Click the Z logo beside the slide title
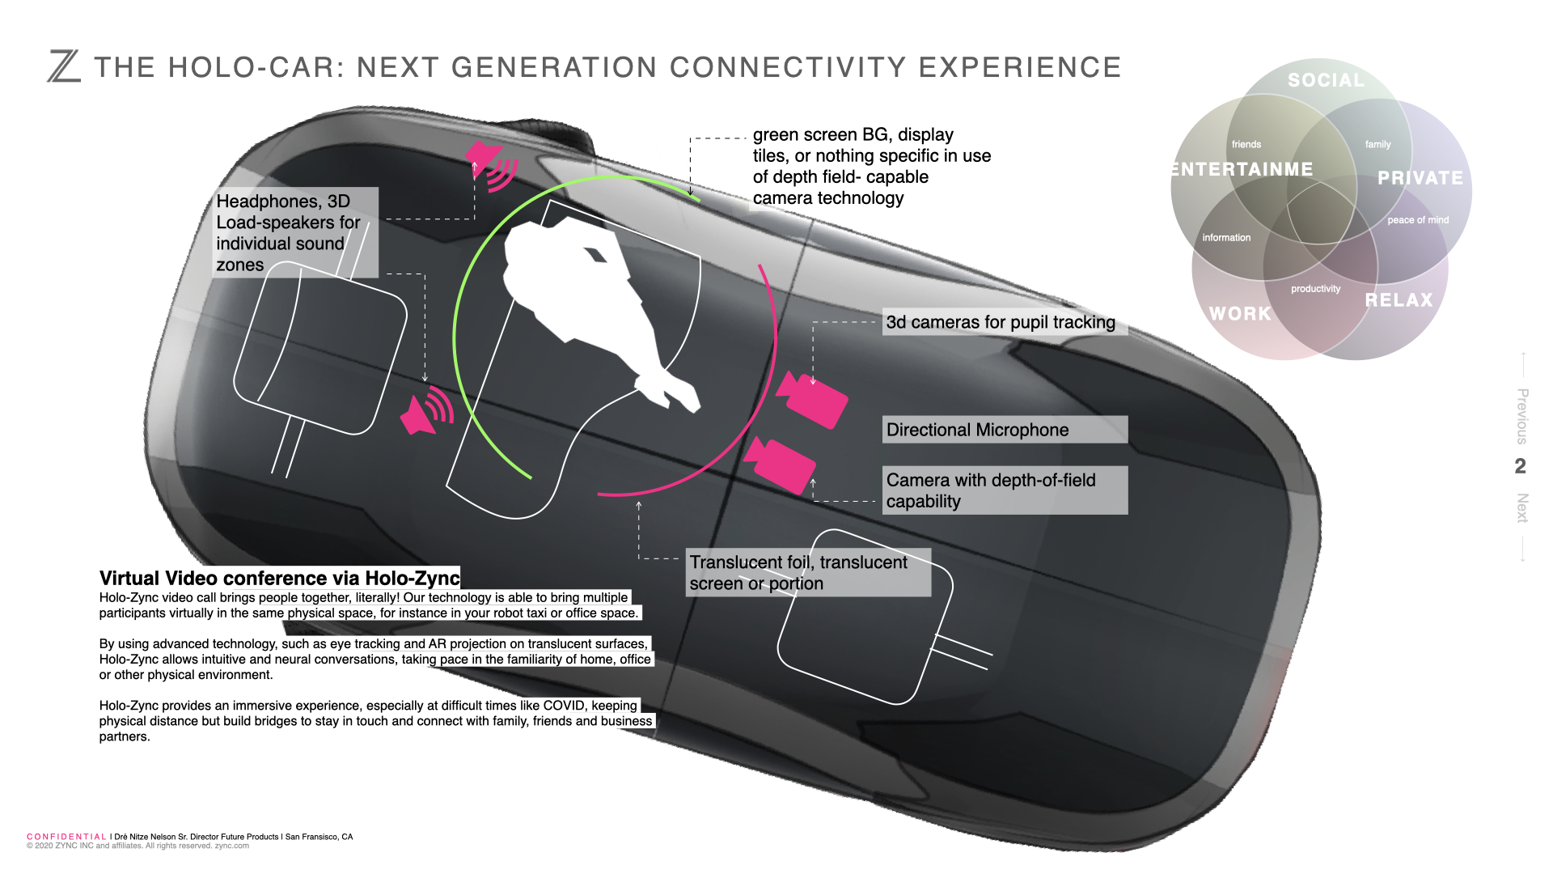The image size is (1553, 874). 64,66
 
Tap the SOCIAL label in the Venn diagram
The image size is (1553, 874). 1326,81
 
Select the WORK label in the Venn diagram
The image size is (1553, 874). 1240,314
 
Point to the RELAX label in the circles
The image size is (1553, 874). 1399,300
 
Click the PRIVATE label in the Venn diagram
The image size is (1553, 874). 1420,178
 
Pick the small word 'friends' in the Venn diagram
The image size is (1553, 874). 1246,145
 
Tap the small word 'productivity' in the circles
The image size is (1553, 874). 1315,289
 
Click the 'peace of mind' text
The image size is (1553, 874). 1418,220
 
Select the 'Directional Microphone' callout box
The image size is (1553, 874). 1005,430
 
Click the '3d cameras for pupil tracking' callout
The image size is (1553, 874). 1001,322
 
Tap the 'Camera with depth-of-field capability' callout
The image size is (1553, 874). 1005,490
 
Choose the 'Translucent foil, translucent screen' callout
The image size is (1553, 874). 807,573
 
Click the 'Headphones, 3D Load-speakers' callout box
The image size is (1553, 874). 294,233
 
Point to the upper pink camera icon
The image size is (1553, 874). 813,399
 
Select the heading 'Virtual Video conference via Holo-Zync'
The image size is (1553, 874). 279,578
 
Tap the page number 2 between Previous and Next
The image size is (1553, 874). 1521,466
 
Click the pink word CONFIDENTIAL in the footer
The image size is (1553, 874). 66,837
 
